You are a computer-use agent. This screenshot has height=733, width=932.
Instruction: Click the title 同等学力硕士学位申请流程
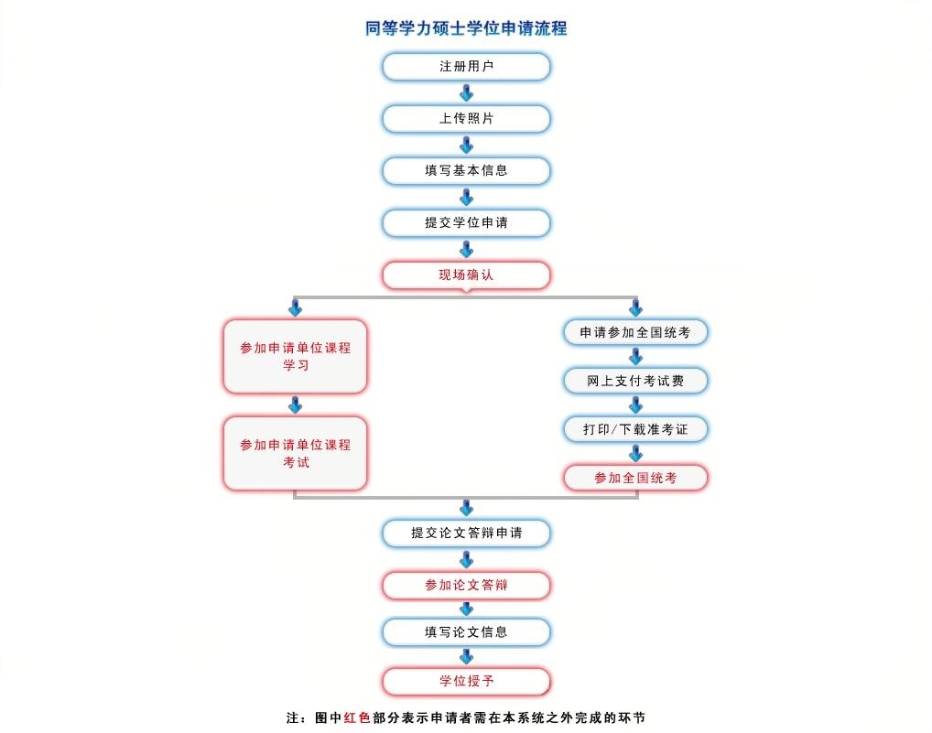click(466, 28)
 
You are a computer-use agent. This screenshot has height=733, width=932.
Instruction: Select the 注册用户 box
click(466, 67)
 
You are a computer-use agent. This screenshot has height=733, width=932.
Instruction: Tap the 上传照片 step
click(466, 119)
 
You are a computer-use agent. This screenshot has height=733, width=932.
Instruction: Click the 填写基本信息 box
click(466, 171)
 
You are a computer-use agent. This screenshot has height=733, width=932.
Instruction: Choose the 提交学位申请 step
click(466, 223)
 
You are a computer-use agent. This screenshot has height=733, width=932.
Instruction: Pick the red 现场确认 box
click(466, 275)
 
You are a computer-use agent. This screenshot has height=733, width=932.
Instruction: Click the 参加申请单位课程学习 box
click(295, 357)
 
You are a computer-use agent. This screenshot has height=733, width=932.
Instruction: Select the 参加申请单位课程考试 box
click(295, 454)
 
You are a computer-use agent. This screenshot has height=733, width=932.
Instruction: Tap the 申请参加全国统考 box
click(635, 332)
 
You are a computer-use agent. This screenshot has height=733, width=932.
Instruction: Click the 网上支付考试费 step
click(635, 381)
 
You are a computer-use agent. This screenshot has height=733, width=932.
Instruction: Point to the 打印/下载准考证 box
click(635, 429)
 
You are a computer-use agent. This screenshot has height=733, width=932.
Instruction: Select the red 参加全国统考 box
click(635, 478)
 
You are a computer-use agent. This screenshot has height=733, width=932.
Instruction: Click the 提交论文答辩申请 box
click(466, 533)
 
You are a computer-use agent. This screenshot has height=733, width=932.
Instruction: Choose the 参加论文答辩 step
click(466, 585)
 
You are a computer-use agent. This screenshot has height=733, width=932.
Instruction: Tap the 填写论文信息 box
click(466, 631)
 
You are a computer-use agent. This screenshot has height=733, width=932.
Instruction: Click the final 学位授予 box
click(466, 682)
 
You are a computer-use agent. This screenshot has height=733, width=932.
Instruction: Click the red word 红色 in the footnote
click(357, 717)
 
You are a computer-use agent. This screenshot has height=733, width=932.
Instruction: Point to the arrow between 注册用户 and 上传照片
click(466, 93)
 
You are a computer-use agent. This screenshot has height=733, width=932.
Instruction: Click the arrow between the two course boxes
click(295, 405)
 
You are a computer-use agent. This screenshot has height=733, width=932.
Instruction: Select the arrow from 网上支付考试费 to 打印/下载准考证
click(635, 404)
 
